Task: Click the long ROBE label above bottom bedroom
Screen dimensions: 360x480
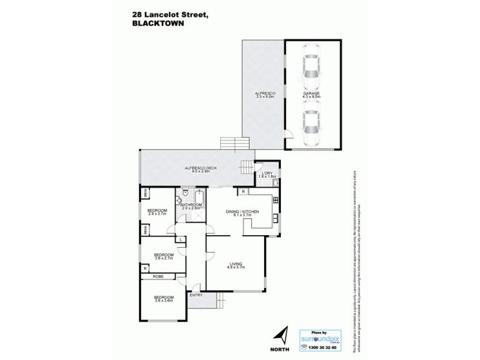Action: tap(158, 276)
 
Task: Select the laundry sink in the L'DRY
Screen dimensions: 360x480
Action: tap(275, 184)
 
